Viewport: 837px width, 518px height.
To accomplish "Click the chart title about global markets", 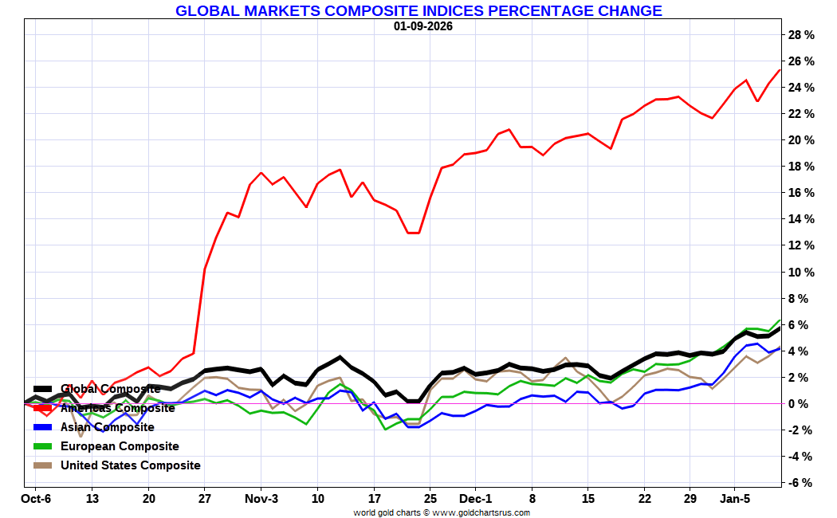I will tap(418, 11).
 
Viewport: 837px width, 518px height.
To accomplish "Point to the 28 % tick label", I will tap(800, 35).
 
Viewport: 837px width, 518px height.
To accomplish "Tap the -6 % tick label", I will tap(800, 483).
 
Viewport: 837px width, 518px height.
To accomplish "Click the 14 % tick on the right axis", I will tap(800, 219).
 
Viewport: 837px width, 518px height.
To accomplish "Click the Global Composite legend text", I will tap(111, 389).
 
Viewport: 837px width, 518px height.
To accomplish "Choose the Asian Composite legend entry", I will tap(108, 427).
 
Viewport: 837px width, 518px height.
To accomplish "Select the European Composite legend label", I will tap(120, 446).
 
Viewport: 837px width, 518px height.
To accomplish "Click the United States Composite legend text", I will tap(131, 465).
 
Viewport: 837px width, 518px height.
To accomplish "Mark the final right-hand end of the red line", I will tap(779, 70).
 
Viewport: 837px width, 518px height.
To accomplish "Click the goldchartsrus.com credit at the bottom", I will tap(442, 512).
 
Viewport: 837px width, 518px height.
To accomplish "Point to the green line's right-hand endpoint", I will tap(779, 320).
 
